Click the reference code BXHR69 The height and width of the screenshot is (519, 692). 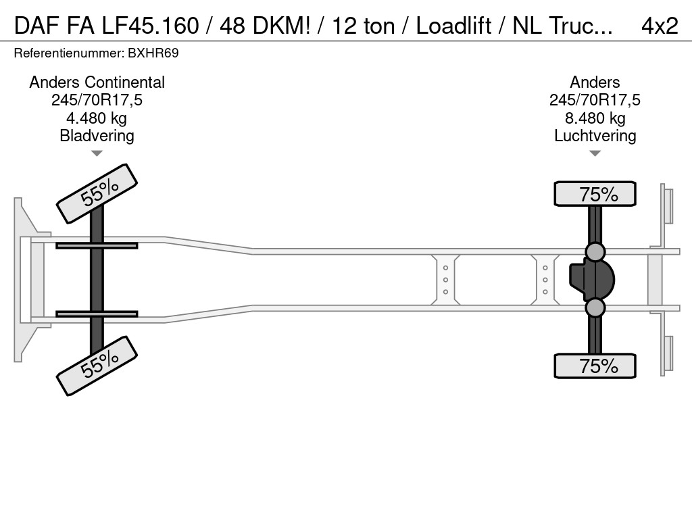tap(154, 53)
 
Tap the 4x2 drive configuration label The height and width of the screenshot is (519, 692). tap(659, 26)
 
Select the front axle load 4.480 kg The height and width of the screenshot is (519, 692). tap(97, 118)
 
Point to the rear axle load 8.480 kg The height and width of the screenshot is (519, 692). tap(595, 118)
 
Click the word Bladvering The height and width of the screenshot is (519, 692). tap(97, 136)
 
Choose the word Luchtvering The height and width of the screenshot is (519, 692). tap(595, 136)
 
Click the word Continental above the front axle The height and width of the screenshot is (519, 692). tap(124, 82)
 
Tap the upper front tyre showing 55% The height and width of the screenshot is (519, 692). tap(97, 193)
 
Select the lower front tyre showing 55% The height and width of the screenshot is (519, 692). tap(97, 365)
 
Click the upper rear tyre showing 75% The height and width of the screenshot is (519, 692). tap(595, 194)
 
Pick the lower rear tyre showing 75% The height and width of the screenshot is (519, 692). tap(595, 366)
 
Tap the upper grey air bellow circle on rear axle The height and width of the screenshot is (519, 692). tap(595, 252)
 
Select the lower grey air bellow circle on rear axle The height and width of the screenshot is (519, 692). tap(595, 308)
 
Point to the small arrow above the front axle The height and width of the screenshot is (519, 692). tap(97, 154)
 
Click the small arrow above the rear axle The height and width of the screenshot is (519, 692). tap(595, 154)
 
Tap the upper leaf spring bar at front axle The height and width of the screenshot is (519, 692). tap(97, 245)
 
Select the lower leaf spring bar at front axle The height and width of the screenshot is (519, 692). tap(97, 314)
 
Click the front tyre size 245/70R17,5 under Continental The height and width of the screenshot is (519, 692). tap(97, 101)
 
